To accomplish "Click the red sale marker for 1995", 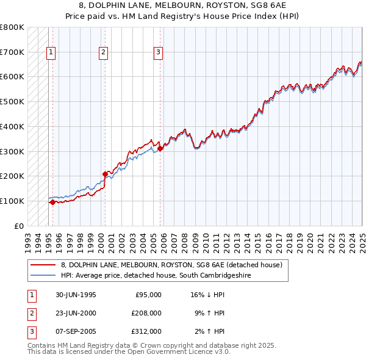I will coord(52,202).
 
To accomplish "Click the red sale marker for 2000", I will coord(105,174).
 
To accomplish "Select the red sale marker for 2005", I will coord(160,148).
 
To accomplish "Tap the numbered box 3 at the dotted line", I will coord(158,52).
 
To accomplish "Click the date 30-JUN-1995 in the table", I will coord(76,295).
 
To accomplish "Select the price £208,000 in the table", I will coord(147,313).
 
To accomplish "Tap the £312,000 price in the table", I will coord(147,331).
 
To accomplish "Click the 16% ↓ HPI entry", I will coord(208,295).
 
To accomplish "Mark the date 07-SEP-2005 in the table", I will coord(76,331).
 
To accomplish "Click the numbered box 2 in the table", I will coord(30,313).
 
